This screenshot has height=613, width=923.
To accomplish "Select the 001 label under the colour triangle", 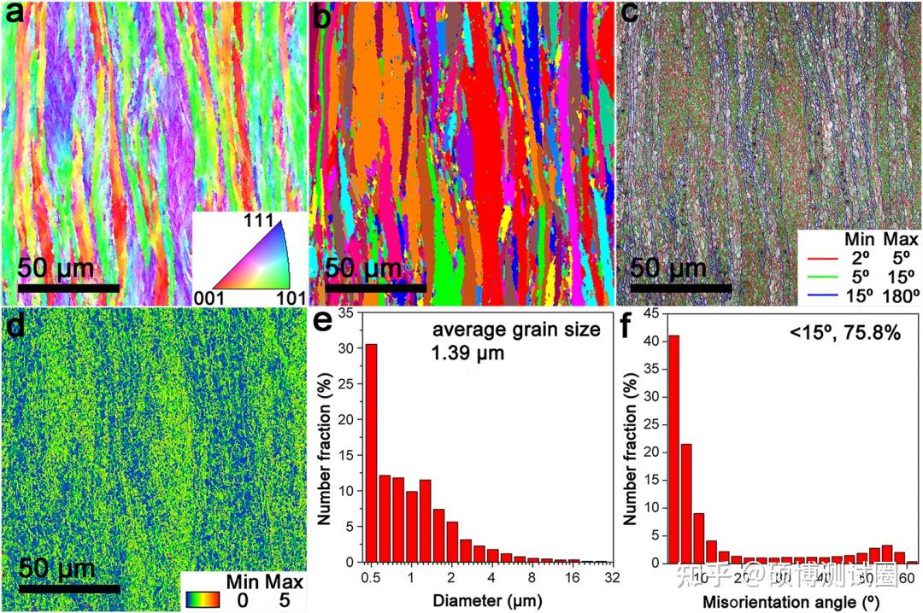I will [209, 296].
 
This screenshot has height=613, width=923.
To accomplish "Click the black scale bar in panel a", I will [68, 288].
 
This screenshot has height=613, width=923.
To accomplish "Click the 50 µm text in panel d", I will [57, 567].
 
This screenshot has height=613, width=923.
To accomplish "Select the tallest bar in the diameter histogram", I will [371, 453].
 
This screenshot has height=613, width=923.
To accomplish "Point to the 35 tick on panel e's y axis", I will [346, 313].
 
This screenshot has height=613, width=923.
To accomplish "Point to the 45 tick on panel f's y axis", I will [651, 313].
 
